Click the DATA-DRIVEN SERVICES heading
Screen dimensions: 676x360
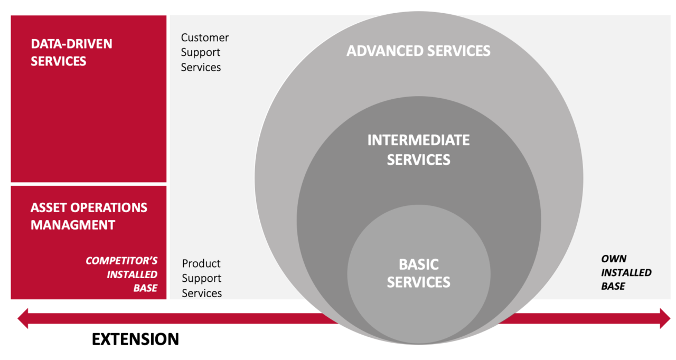71,52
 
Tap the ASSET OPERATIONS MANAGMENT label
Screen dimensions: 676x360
89,216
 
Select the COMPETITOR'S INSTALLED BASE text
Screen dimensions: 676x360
121,274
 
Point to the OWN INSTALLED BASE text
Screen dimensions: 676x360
626,272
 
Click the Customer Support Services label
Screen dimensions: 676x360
205,52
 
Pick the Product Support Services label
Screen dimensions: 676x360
202,278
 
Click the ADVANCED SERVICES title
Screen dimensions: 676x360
418,51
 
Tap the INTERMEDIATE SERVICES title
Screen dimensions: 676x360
419,150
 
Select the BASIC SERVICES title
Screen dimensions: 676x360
419,273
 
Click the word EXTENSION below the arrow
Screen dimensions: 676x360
136,339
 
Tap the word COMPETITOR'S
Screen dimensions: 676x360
121,261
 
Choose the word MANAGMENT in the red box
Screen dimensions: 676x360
73,225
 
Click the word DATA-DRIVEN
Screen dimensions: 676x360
71,44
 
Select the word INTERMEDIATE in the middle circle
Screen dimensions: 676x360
419,140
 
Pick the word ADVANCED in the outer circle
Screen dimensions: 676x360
384,51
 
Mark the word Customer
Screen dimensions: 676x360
205,37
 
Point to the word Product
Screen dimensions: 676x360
201,263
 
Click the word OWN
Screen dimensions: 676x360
614,259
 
